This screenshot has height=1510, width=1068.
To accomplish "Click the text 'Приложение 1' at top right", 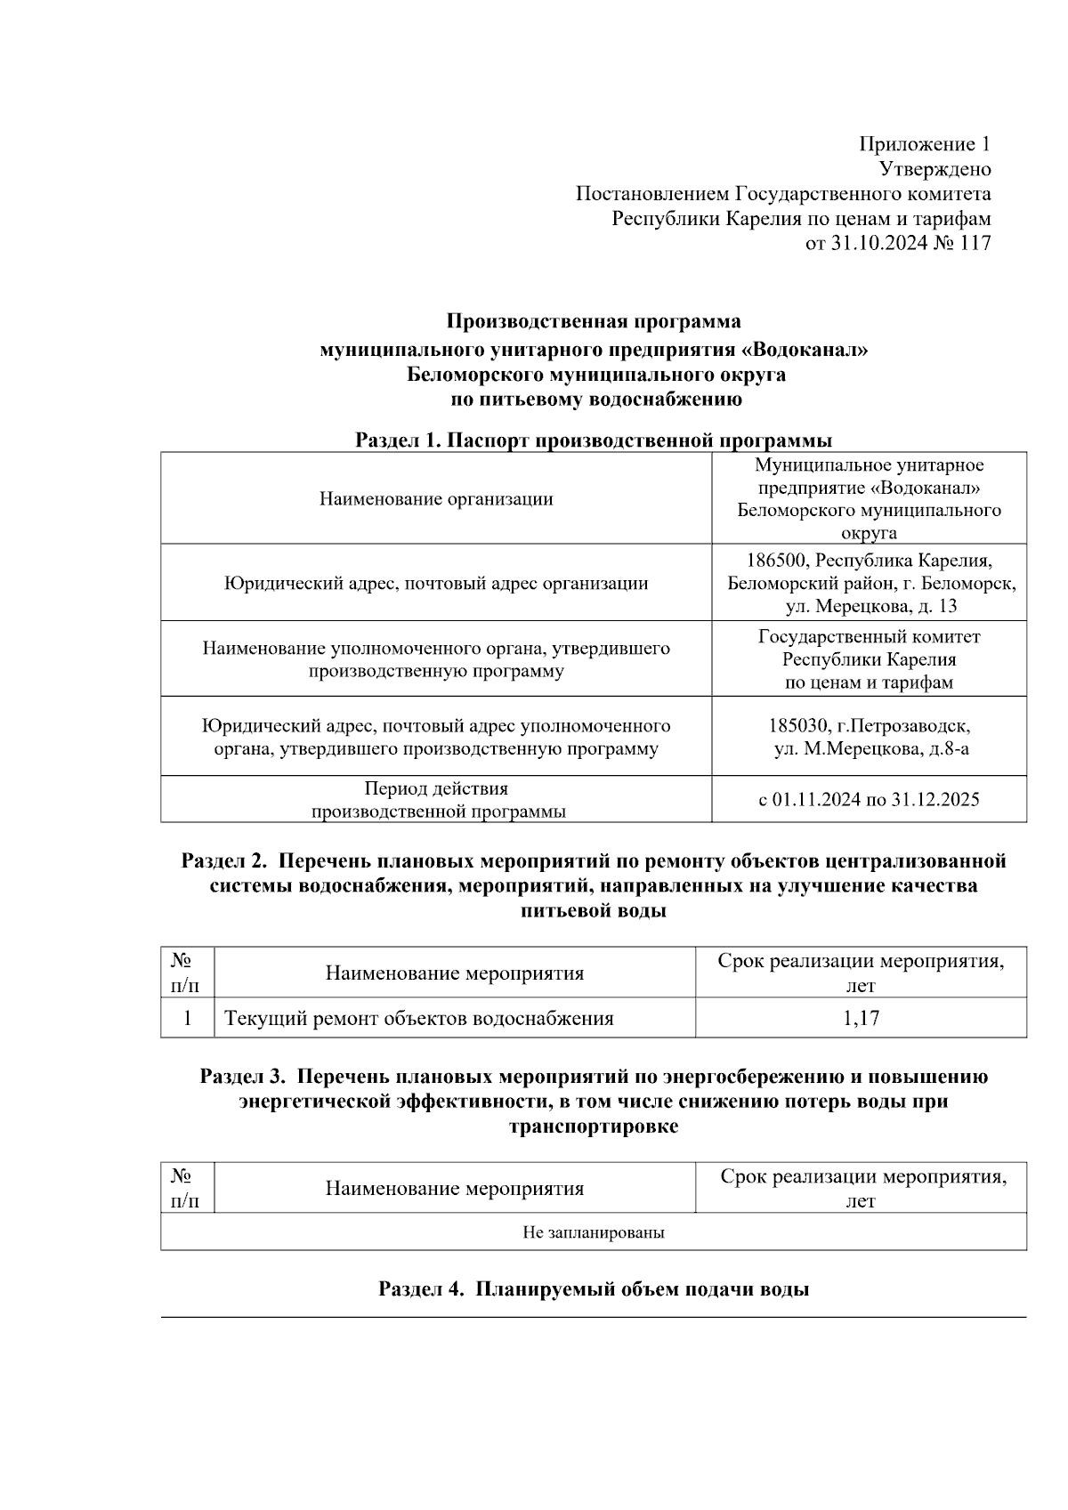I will (x=924, y=144).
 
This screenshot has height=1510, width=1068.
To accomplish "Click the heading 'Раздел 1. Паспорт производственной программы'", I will (x=594, y=440).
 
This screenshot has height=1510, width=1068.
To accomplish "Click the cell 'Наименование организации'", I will (x=436, y=499).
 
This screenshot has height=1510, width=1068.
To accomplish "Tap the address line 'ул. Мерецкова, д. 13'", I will (x=870, y=607).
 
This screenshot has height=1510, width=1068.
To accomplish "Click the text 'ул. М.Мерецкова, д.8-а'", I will (x=870, y=748).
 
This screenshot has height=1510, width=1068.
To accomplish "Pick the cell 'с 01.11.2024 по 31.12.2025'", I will (x=869, y=799).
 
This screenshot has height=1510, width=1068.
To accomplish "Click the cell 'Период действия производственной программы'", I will (x=436, y=800).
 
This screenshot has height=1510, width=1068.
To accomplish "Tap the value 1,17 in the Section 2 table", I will (x=861, y=1019).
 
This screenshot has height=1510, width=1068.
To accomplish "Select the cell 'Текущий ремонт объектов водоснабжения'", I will (x=419, y=1019).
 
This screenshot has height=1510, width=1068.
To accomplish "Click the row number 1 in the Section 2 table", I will (x=187, y=1019).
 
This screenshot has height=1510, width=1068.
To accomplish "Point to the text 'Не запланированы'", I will (x=594, y=1232).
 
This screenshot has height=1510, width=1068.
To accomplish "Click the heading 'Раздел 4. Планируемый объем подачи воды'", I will (x=594, y=1289).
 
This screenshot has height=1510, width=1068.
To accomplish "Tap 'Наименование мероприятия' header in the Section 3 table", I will (x=455, y=1189).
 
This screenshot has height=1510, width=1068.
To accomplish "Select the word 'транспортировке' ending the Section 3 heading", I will (x=594, y=1126).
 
